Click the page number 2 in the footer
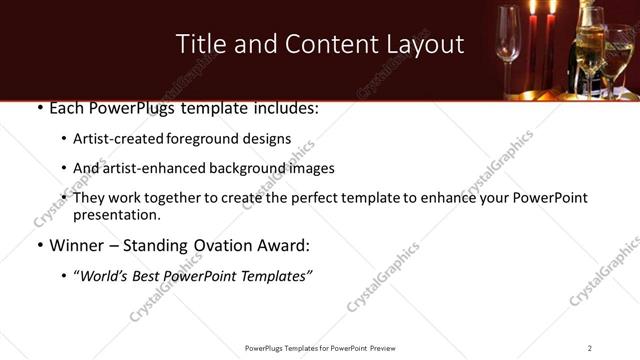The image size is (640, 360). coord(590,348)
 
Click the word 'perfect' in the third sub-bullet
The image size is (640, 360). coord(335,198)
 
